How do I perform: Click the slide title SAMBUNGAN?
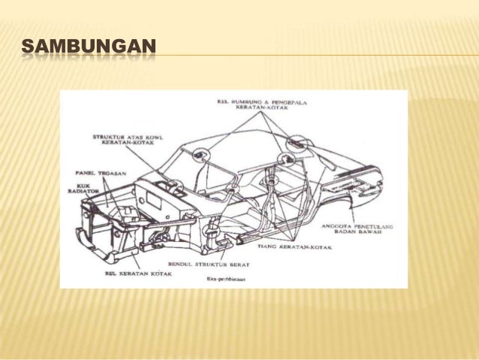coord(89,50)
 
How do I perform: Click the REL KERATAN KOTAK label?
coord(138,274)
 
